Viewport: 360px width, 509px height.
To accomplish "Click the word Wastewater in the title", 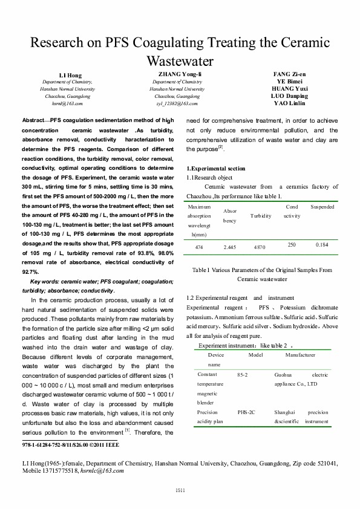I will coord(180,61).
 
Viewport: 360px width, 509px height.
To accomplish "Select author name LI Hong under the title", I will coord(70,76).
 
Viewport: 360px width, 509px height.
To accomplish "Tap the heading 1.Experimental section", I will coord(215,167).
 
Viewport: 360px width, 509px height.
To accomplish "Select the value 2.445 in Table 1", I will coord(229,247).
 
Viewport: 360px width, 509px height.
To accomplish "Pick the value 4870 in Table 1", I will coord(260,247).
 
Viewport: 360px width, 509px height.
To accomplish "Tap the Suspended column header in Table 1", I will coord(322,207).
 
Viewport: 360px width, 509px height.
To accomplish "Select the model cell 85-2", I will coord(243,375).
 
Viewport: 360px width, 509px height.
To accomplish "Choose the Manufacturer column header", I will coord(300,354).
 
